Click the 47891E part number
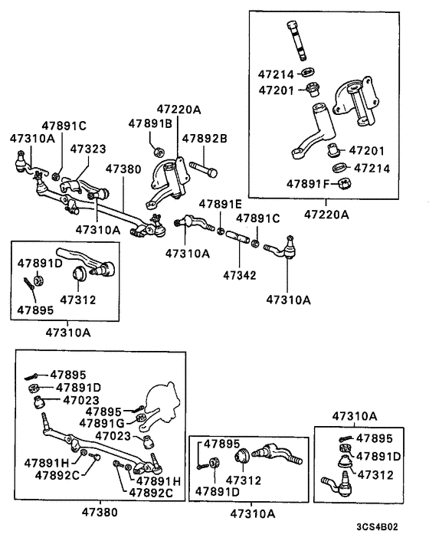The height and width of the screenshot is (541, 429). click(x=221, y=204)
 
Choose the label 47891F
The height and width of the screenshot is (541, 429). click(x=308, y=184)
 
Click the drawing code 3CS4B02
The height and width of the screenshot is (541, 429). click(x=378, y=527)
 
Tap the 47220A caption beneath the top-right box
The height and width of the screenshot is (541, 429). click(x=326, y=215)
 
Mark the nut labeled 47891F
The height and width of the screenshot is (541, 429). click(x=344, y=184)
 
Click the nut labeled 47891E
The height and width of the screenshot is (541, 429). click(x=221, y=229)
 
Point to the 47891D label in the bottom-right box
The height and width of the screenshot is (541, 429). click(x=380, y=456)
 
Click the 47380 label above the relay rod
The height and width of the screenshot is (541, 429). click(x=123, y=169)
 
